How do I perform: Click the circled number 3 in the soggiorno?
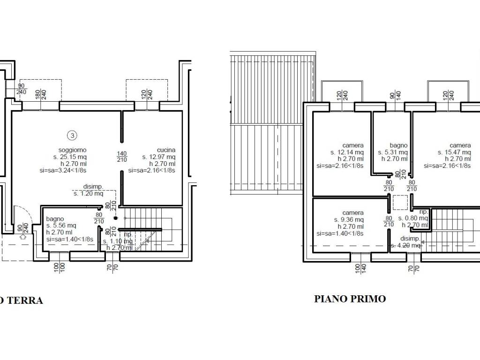point(72,136)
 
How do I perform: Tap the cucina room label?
point(166,150)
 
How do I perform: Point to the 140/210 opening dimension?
point(122,157)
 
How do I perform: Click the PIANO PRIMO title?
point(350,299)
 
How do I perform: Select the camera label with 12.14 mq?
point(353,145)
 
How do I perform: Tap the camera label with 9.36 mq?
point(353,213)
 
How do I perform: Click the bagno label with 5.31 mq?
point(398,145)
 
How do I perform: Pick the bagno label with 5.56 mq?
point(55,219)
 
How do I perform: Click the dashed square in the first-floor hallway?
point(400,202)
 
